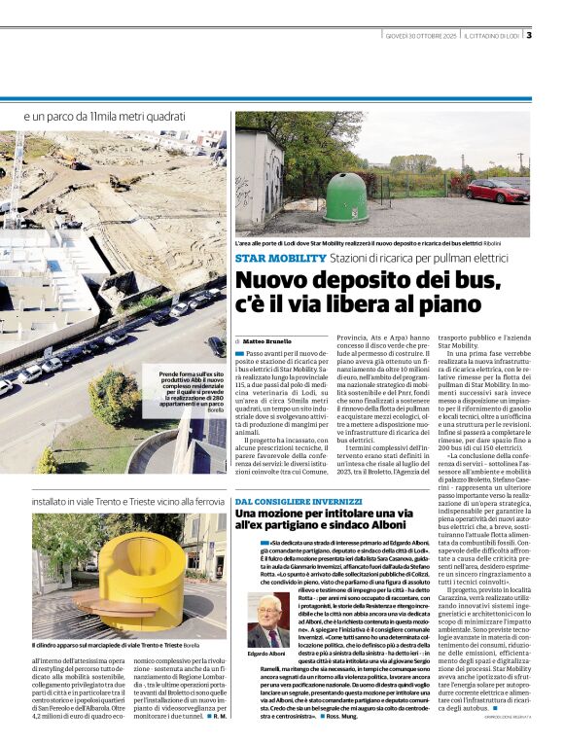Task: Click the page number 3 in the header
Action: pyautogui.click(x=528, y=36)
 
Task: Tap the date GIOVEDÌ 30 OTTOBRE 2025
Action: pyautogui.click(x=420, y=36)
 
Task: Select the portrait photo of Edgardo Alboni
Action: pyautogui.click(x=266, y=621)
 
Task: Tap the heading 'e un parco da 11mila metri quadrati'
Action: pyautogui.click(x=104, y=117)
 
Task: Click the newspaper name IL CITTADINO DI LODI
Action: pyautogui.click(x=492, y=36)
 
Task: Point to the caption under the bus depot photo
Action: pyautogui.click(x=380, y=243)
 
